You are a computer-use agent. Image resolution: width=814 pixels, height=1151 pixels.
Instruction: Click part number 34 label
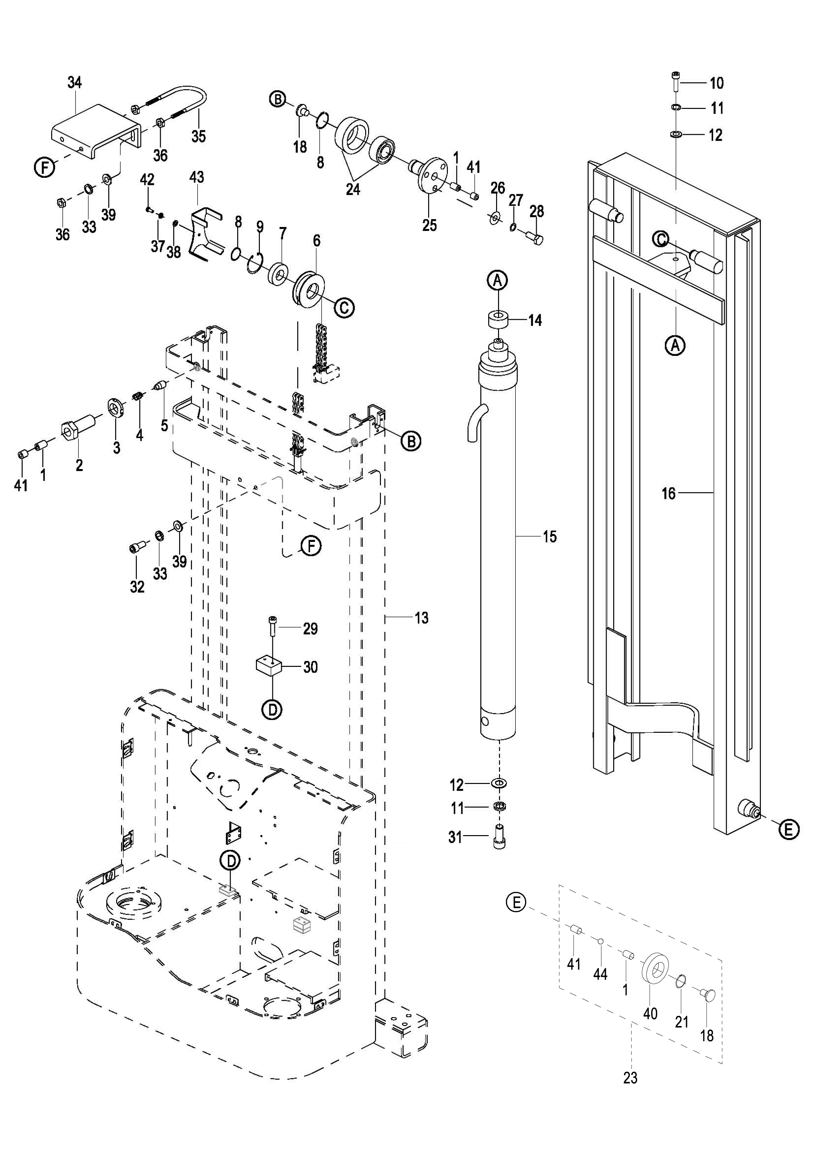75,83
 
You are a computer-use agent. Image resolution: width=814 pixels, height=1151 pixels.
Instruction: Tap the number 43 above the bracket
197,177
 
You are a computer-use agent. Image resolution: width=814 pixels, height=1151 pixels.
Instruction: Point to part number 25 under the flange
429,225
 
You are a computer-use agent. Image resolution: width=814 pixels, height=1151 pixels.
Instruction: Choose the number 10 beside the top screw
717,83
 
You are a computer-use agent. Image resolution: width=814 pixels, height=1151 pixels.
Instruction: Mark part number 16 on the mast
669,493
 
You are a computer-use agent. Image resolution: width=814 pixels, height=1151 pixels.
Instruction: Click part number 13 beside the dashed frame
422,618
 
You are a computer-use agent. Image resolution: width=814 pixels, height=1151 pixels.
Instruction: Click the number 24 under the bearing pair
353,190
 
